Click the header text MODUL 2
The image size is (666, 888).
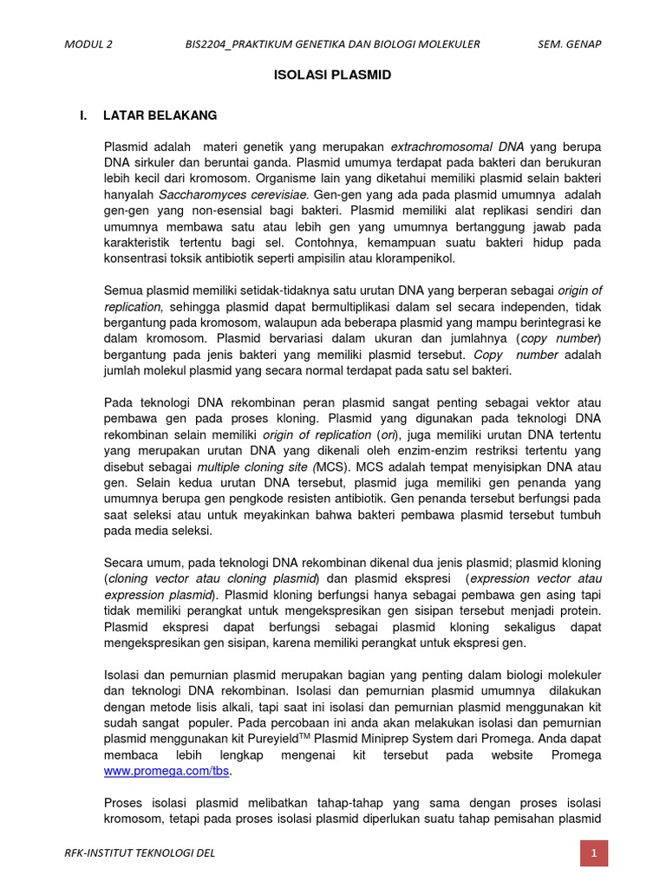pyautogui.click(x=88, y=44)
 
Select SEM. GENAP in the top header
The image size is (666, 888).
pyautogui.click(x=569, y=44)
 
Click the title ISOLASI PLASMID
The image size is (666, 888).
pyautogui.click(x=332, y=75)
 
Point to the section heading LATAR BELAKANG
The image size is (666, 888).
pyautogui.click(x=160, y=115)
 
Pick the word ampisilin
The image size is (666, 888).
pyautogui.click(x=338, y=258)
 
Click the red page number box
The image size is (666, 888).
pyautogui.click(x=594, y=853)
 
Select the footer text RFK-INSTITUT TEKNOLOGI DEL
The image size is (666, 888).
pyautogui.click(x=140, y=853)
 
